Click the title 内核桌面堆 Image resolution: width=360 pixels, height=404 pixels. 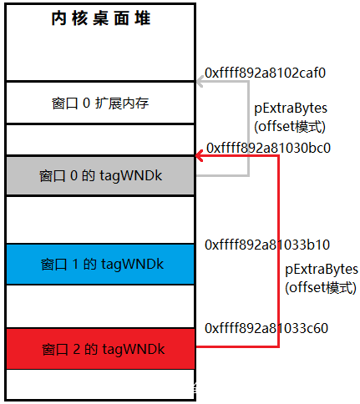(x=101, y=18)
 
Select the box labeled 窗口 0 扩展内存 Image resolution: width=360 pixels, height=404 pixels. (x=100, y=103)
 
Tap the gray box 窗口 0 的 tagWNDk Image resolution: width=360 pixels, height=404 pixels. (x=100, y=176)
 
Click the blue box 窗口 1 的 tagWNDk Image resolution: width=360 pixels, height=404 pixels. (x=100, y=264)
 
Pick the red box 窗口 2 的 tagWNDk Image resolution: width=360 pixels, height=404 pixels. (x=100, y=349)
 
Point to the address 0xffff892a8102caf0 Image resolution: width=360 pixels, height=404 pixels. (x=265, y=73)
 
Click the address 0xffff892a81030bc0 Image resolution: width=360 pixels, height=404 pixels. (x=268, y=148)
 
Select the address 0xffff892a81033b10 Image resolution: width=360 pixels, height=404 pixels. (x=267, y=245)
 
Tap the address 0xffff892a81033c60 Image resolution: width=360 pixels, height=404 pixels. (x=266, y=328)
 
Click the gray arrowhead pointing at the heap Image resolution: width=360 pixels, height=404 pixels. (x=200, y=82)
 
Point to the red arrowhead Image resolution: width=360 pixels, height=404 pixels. (x=200, y=156)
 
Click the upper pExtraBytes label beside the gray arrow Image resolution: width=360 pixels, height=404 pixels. (x=291, y=109)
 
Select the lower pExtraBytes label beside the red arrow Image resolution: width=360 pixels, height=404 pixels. (x=322, y=270)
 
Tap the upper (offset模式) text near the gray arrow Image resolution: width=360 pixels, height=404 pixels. (x=290, y=127)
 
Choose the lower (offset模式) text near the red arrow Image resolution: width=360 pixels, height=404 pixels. (x=321, y=288)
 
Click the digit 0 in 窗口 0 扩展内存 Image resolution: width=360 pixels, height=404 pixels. (x=86, y=104)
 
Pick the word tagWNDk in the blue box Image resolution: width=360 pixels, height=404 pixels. (x=132, y=265)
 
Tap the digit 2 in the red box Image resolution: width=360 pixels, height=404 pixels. (x=77, y=349)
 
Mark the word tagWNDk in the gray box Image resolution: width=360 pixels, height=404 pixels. (x=131, y=176)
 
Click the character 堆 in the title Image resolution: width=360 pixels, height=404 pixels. (x=143, y=18)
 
